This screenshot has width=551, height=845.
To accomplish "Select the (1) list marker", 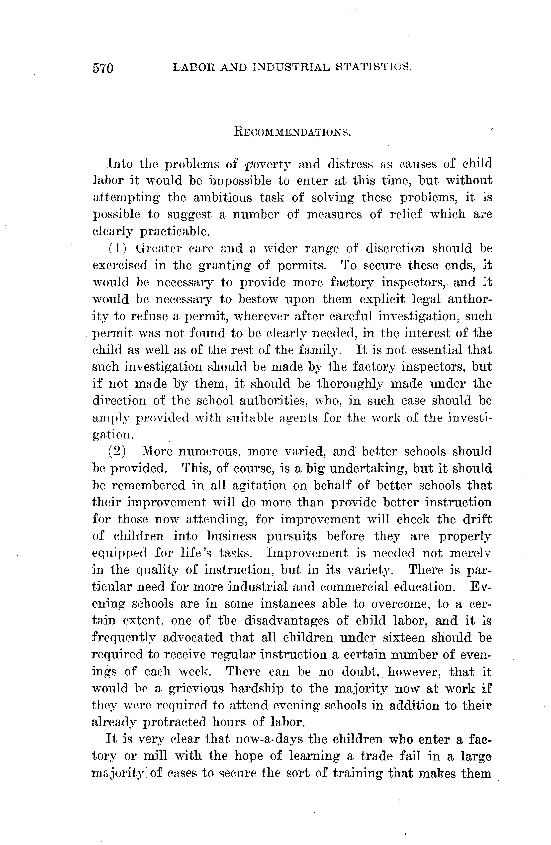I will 117,249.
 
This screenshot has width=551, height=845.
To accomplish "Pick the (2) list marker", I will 117,452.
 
